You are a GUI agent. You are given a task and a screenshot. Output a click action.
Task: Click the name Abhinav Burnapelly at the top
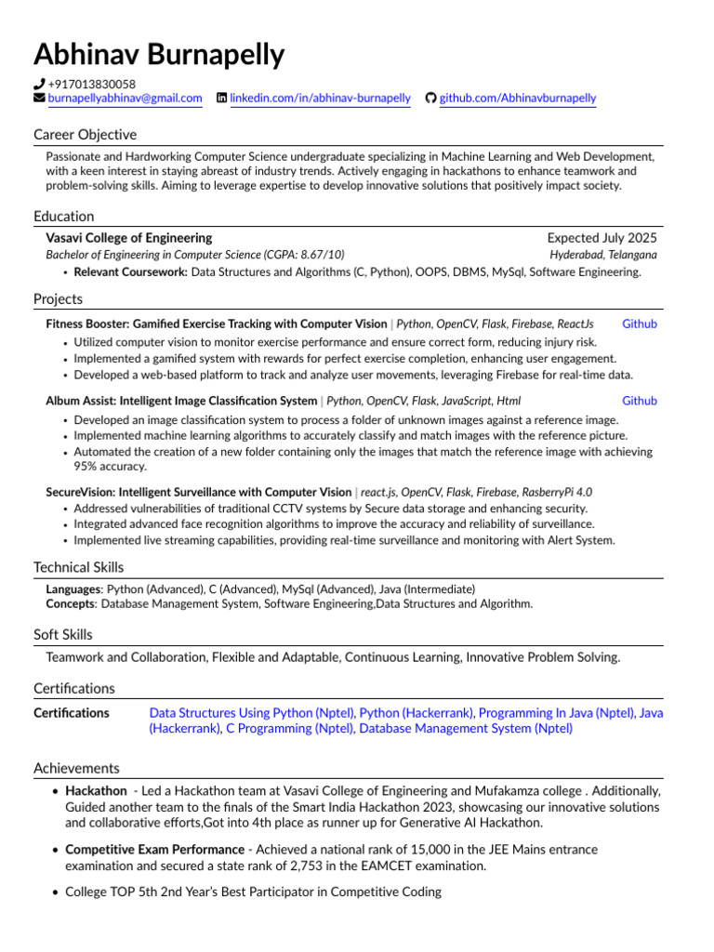(x=159, y=55)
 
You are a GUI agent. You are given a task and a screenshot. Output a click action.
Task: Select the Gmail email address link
(x=125, y=98)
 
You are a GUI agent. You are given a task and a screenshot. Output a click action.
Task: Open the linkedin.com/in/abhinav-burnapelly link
(x=320, y=98)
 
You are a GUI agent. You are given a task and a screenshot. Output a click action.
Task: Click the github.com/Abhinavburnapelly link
(x=517, y=98)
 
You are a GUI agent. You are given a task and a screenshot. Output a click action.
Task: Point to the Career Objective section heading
(x=85, y=135)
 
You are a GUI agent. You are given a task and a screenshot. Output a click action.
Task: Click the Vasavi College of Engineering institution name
(x=128, y=238)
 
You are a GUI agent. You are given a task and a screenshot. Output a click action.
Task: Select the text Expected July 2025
(x=602, y=238)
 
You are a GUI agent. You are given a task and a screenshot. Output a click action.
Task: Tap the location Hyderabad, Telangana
(x=602, y=255)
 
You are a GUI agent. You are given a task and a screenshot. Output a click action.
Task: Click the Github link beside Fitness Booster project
(x=639, y=324)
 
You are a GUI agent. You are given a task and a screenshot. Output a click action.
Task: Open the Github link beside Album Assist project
(x=639, y=401)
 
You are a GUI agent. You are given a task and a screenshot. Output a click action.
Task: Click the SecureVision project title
(x=198, y=492)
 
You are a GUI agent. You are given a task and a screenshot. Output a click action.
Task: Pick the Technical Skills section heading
(x=78, y=567)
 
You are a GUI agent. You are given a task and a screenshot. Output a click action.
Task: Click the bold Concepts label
(x=71, y=603)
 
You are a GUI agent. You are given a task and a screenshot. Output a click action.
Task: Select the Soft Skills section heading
(x=63, y=635)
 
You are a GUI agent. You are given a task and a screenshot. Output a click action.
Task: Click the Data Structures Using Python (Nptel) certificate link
(x=252, y=713)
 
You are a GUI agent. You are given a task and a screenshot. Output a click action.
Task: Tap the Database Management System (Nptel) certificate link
(x=466, y=729)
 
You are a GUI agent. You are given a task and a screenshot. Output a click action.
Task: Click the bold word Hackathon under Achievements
(x=96, y=790)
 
